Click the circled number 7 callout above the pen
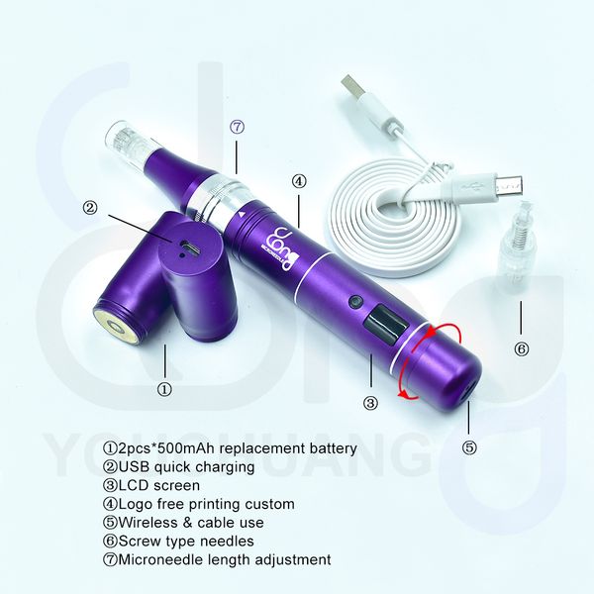237,128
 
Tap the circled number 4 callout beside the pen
299,181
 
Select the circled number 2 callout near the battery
90,208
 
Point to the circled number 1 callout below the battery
164,389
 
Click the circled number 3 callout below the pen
370,403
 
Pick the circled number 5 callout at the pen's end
469,448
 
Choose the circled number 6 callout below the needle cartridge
522,348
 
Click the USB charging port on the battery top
186,247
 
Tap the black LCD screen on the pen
386,326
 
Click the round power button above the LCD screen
355,302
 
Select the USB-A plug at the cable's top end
354,87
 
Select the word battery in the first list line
334,448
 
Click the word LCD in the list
134,485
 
